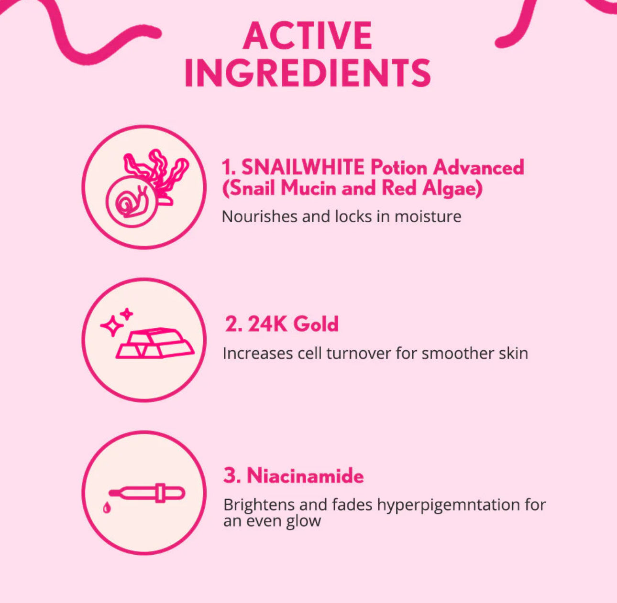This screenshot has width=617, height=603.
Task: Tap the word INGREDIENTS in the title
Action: pyautogui.click(x=308, y=73)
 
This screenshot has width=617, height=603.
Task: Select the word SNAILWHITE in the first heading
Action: pyautogui.click(x=303, y=167)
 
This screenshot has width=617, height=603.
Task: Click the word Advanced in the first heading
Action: pyautogui.click(x=478, y=167)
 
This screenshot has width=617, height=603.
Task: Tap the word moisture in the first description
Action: pyautogui.click(x=428, y=216)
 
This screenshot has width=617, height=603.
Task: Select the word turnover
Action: pyautogui.click(x=359, y=354)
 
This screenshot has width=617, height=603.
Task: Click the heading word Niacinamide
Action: pyautogui.click(x=305, y=476)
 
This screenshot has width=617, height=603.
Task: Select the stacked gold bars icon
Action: pyautogui.click(x=155, y=344)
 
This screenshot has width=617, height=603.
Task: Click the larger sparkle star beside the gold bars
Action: pyautogui.click(x=111, y=326)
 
